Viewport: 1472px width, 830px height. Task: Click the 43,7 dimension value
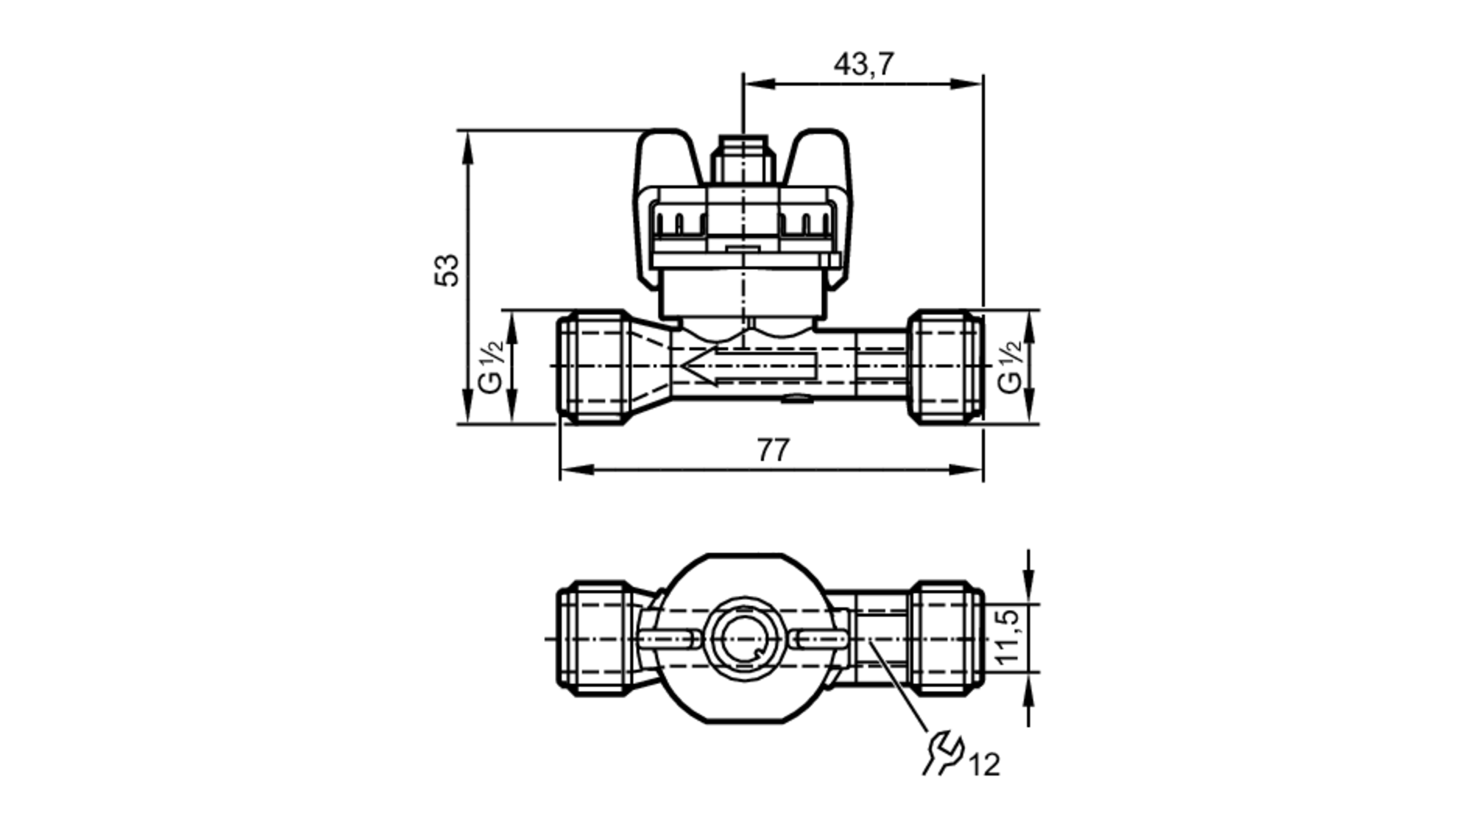coord(863,65)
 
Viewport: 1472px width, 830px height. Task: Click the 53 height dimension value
coord(447,270)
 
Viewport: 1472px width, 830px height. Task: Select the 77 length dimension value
coord(773,450)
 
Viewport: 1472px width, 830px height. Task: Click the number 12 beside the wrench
coord(984,766)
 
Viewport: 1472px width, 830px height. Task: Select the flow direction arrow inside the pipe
coord(747,366)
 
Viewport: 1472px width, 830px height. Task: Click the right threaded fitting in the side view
coord(945,366)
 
